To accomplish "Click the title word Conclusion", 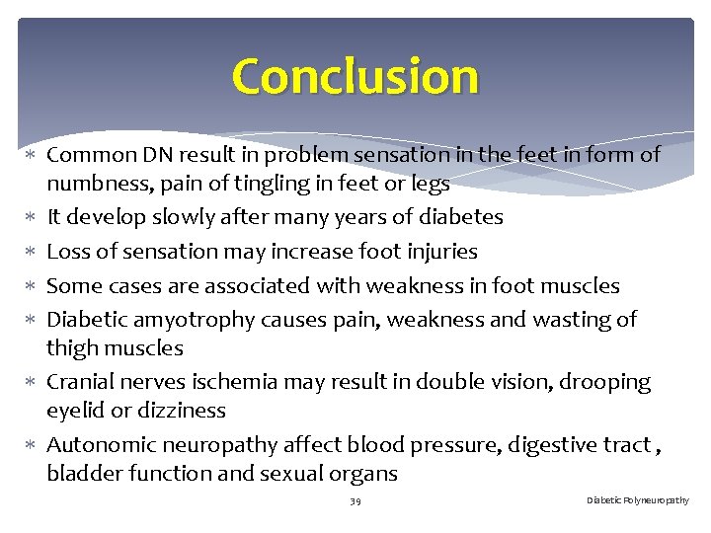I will (355, 76).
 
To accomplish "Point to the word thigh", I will (73, 348).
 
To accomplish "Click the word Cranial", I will (85, 382).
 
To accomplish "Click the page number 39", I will (355, 501).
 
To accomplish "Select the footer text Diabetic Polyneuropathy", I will (638, 500).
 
